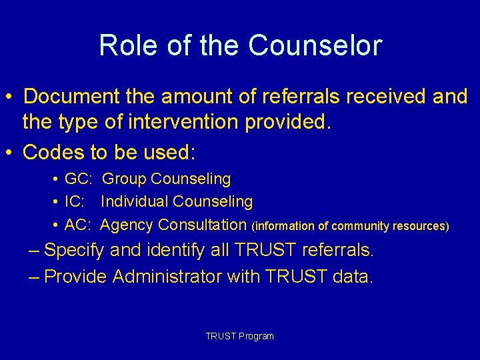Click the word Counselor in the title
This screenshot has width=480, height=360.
[x=315, y=46]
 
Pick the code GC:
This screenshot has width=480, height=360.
[x=78, y=179]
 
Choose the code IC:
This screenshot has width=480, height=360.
[x=75, y=201]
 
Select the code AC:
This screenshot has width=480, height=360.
[x=78, y=225]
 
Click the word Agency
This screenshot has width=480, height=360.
[x=127, y=225]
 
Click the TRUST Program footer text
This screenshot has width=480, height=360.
[x=239, y=336]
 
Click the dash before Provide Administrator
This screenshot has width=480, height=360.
[x=35, y=276]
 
